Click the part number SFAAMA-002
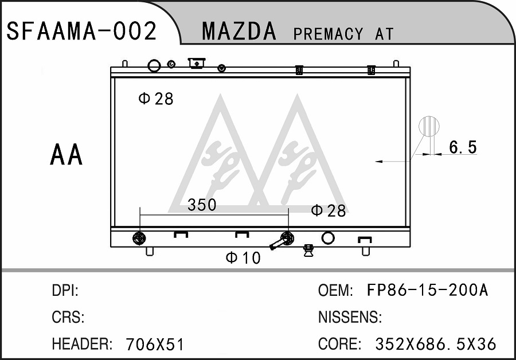coord(81,31)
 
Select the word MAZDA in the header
coord(239,32)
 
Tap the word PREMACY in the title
coord(329,34)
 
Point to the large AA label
coord(66,154)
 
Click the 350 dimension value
coord(202,205)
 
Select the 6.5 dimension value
coord(463,147)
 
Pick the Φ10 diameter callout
coord(243,257)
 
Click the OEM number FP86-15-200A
coord(427,290)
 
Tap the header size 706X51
coord(155,345)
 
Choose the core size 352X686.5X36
coord(435,344)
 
